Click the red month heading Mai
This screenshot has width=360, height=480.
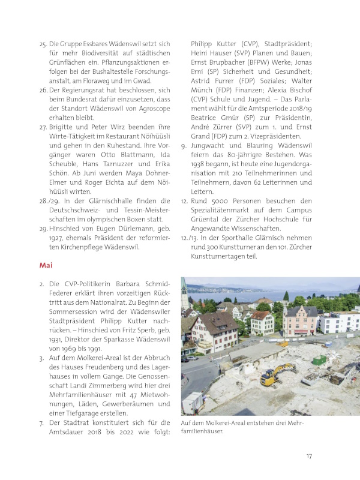click(x=46, y=265)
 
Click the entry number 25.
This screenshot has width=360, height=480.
click(x=43, y=44)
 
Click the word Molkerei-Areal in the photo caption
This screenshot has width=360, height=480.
click(x=222, y=423)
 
